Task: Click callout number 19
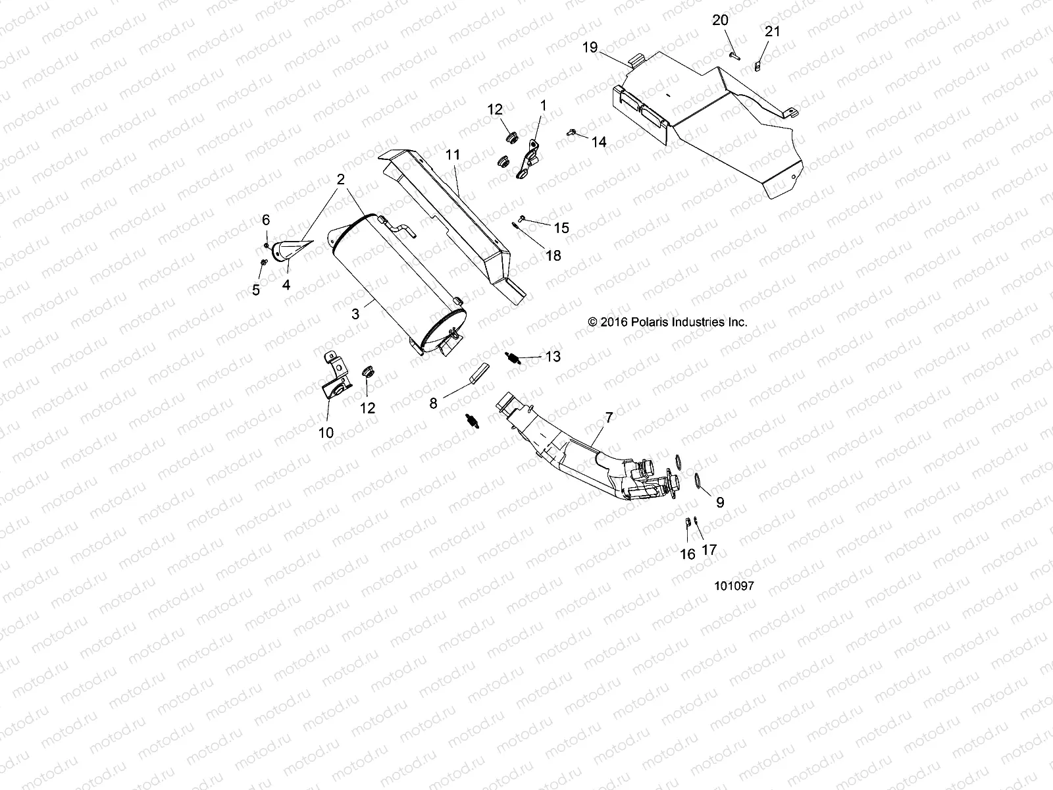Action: pos(590,47)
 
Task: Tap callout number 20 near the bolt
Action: pos(720,20)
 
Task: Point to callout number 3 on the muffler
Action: pos(356,314)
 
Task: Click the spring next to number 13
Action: pos(511,357)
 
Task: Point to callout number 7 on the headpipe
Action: pos(609,417)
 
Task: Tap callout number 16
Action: pos(687,554)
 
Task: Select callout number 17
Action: pos(709,550)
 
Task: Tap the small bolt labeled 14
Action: pos(571,133)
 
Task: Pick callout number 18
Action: pos(553,255)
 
